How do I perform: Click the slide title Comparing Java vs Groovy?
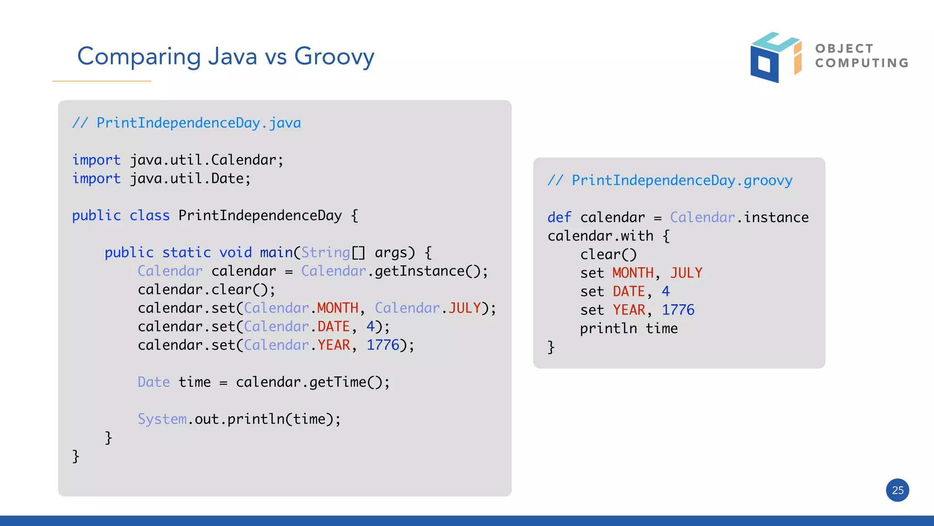226,57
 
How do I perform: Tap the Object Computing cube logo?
775,57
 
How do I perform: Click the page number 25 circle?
898,490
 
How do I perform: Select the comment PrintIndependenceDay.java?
187,123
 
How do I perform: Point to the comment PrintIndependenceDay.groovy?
670,180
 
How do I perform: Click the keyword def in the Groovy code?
559,217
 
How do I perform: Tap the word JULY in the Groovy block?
686,273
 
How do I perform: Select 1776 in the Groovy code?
678,310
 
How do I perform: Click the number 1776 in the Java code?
383,345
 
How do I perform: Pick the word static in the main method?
187,252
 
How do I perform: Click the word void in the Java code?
235,252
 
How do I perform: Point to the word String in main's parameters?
326,252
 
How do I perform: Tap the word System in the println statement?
162,419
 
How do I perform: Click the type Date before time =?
154,382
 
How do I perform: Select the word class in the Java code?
150,215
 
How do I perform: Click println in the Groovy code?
608,328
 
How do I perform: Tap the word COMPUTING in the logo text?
862,63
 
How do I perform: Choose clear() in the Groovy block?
608,255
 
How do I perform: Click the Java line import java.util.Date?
161,178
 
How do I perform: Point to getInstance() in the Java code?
427,271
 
